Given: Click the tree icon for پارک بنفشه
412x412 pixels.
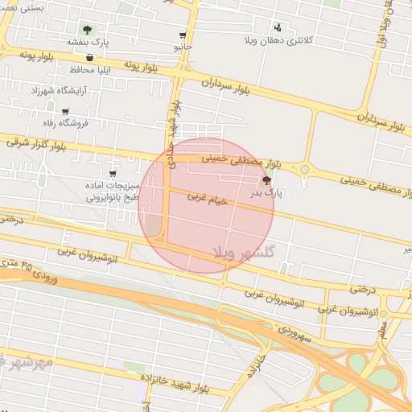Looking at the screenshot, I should point(87,30).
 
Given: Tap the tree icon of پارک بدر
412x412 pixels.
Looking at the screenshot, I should point(266,181).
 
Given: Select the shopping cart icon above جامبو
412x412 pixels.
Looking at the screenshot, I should point(183,35).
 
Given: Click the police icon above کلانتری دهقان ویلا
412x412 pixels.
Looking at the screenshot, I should point(278,27).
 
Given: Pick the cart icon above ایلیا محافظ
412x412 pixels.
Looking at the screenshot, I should point(89,58).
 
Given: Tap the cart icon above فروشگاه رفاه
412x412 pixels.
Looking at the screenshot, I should point(65,112).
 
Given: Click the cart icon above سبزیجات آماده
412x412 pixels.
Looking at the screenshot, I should point(112,173).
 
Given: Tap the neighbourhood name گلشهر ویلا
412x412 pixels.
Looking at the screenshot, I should point(244,252).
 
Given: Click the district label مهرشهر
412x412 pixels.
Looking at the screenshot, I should point(27,363).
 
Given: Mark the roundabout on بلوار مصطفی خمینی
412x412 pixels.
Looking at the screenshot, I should point(305,169).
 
